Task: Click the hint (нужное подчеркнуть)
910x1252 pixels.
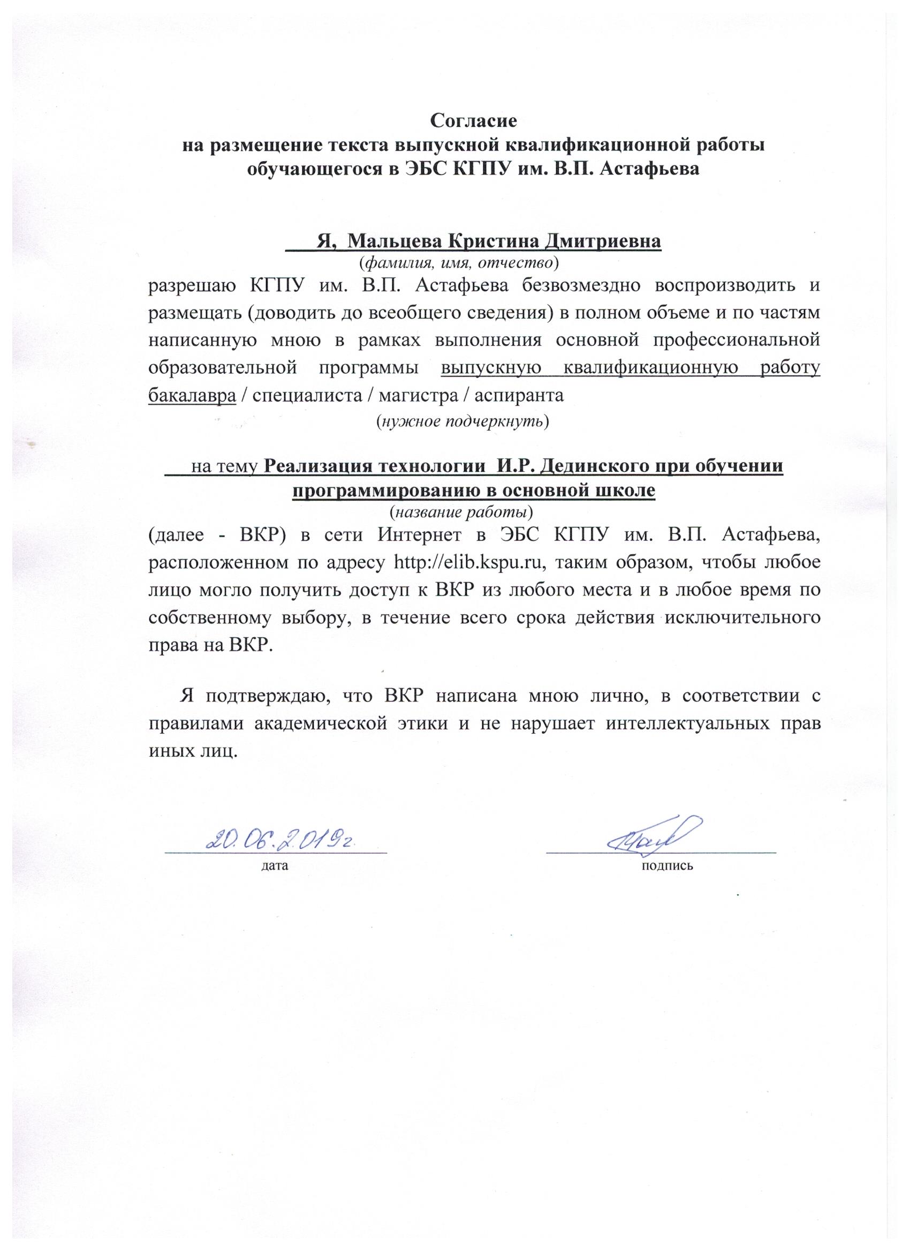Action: [462, 423]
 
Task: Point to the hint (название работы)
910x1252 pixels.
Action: [461, 512]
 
